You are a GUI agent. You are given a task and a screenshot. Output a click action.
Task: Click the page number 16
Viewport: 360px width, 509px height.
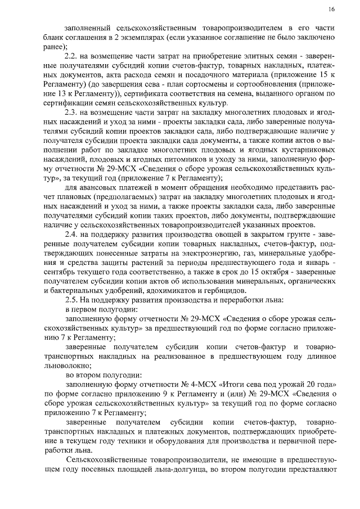point(332,10)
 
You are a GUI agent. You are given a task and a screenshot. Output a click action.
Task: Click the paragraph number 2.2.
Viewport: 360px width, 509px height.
point(71,58)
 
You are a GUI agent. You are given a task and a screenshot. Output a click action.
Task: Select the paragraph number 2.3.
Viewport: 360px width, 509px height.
point(71,113)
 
